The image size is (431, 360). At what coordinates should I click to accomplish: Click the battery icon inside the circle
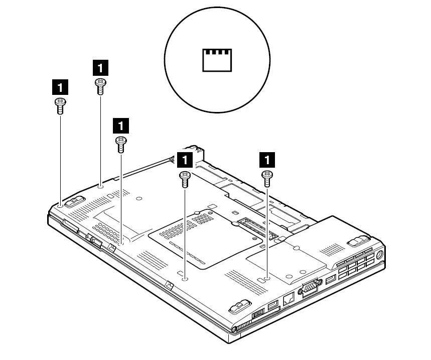point(217,59)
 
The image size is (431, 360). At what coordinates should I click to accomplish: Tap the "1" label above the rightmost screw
point(267,160)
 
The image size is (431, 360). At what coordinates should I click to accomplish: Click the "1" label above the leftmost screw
point(60,87)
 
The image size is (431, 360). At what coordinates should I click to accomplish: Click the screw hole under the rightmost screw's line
point(267,277)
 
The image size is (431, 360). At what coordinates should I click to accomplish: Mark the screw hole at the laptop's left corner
point(60,205)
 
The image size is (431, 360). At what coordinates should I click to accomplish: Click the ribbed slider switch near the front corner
point(257,315)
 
